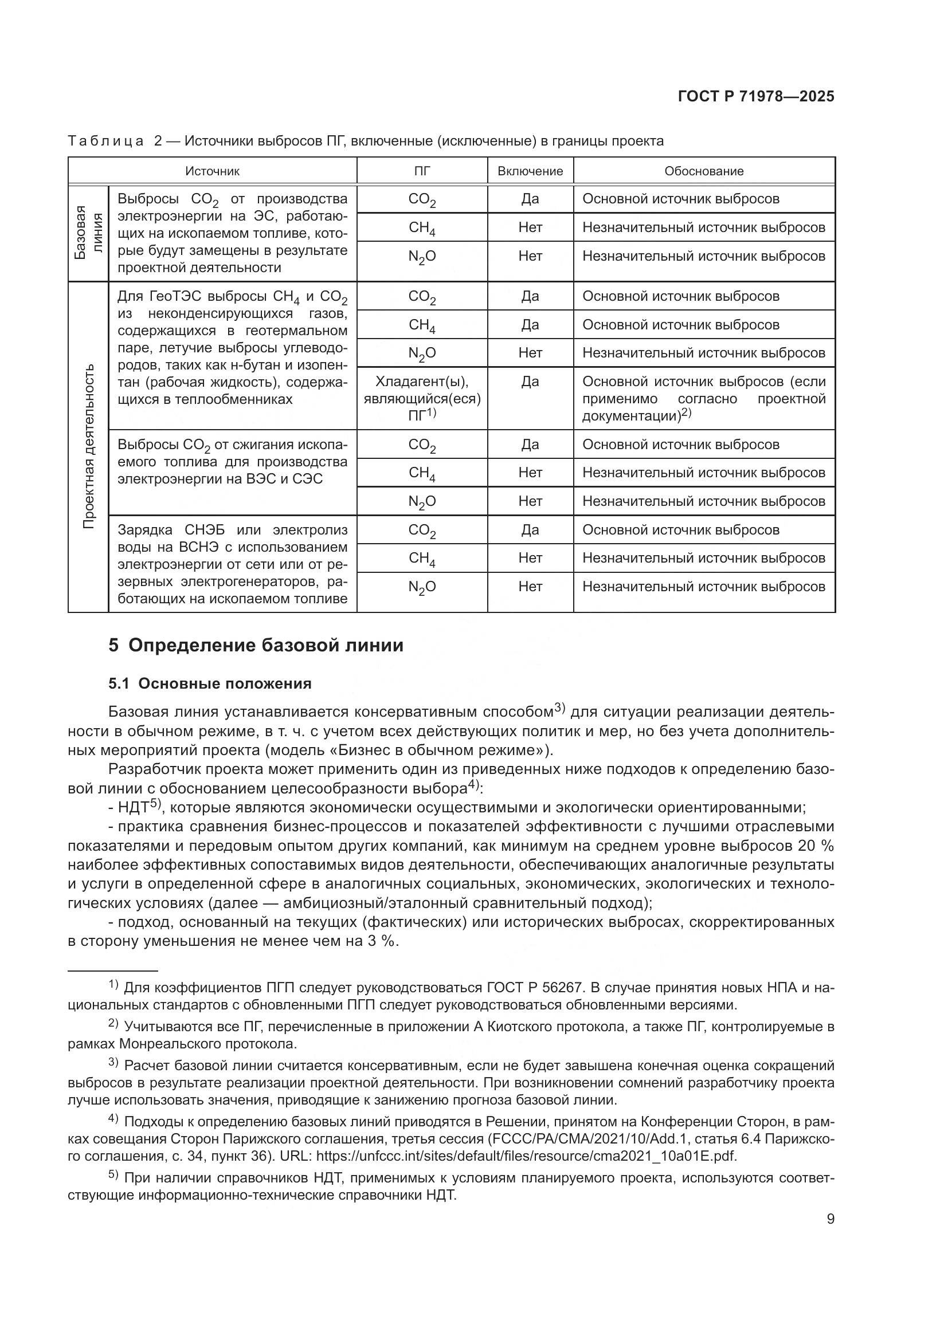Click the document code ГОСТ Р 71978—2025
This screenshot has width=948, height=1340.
click(x=756, y=96)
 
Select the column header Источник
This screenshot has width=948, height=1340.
click(x=213, y=171)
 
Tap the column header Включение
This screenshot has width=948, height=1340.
click(x=530, y=171)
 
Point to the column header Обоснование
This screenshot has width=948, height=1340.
click(x=703, y=171)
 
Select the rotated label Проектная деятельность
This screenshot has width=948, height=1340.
click(x=88, y=446)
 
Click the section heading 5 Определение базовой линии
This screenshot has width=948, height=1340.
click(x=256, y=646)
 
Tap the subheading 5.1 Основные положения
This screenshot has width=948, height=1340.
click(x=210, y=683)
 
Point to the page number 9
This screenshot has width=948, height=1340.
click(x=830, y=1219)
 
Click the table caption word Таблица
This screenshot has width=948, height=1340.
click(x=105, y=141)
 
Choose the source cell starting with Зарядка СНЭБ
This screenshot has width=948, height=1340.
click(x=232, y=564)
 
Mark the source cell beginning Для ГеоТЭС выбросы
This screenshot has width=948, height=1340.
click(x=232, y=348)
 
